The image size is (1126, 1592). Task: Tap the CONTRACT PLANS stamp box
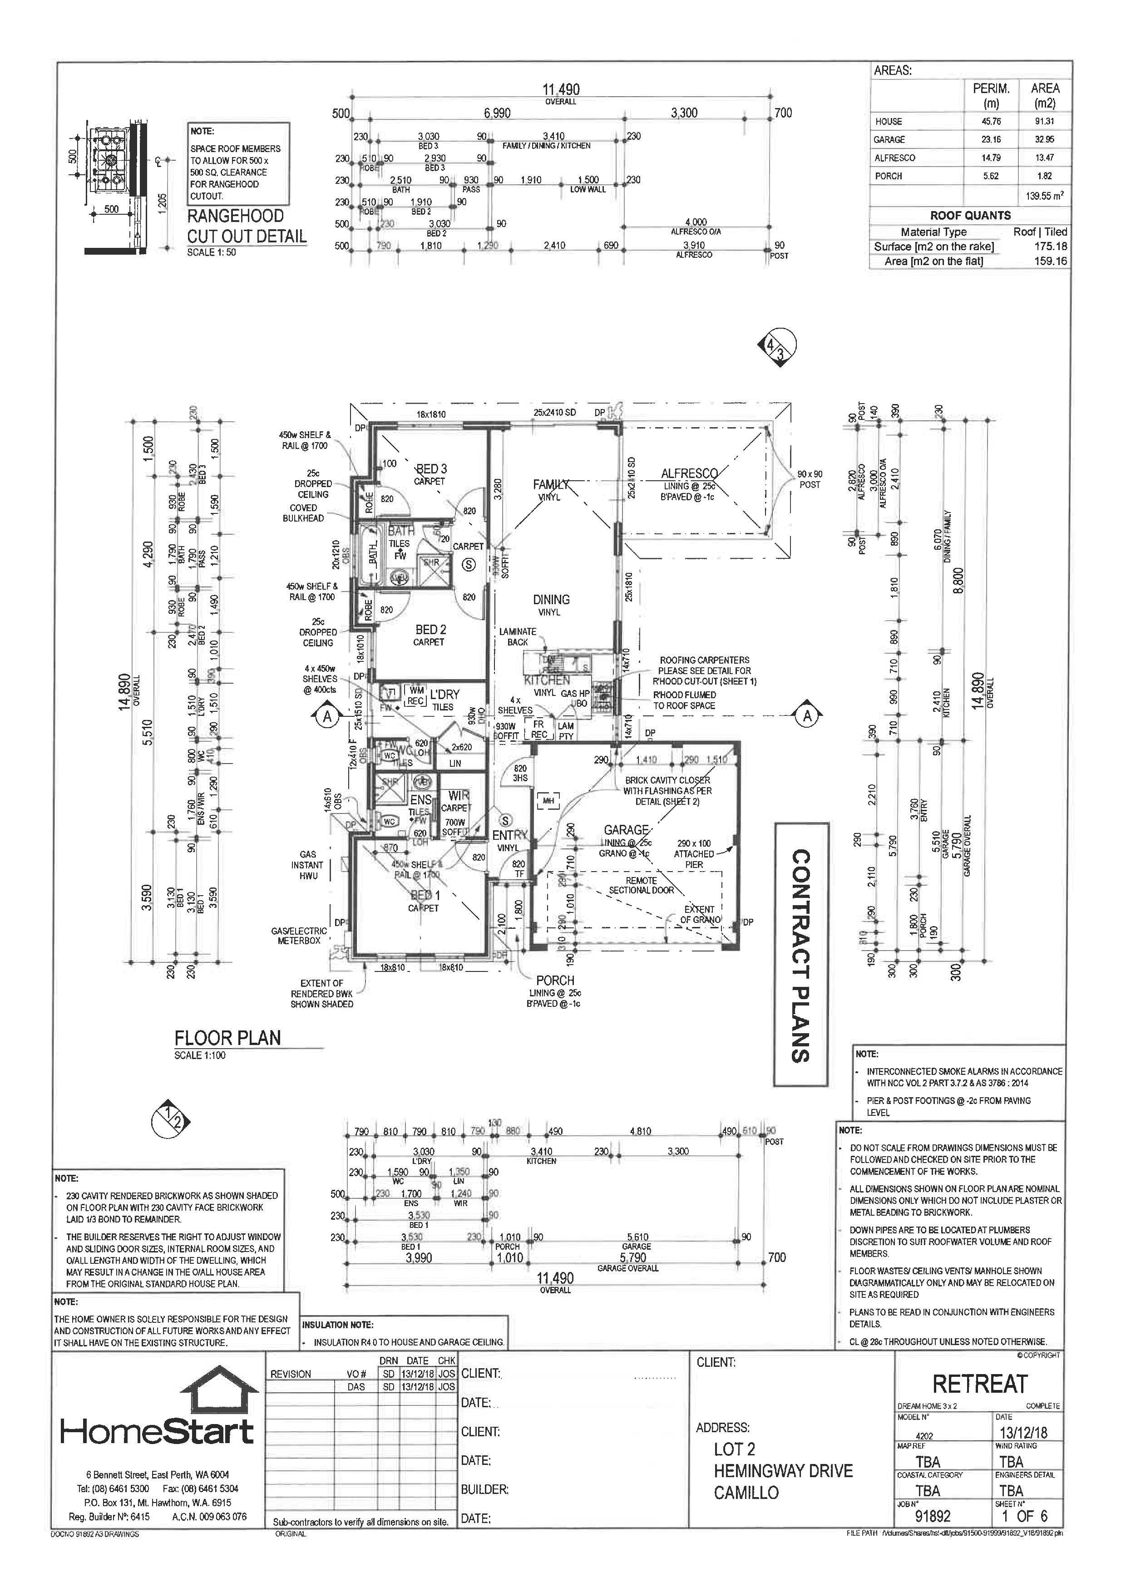tap(801, 954)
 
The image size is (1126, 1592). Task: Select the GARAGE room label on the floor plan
tap(625, 830)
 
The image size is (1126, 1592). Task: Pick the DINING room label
tap(551, 600)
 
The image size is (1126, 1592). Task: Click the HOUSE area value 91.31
tap(1045, 121)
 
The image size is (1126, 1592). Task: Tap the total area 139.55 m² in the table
tap(1045, 196)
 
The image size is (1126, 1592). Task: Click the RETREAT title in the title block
tap(979, 1384)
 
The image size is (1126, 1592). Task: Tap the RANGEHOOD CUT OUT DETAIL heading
tap(246, 226)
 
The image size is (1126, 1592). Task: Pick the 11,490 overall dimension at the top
tap(560, 89)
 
